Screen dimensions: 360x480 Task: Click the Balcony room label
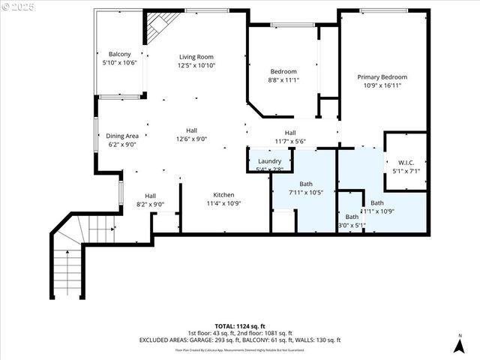click(120, 54)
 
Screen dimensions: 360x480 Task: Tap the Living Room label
click(196, 57)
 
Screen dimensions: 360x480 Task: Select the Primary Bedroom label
click(382, 76)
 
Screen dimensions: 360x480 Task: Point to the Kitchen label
click(223, 194)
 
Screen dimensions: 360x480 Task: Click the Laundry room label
click(269, 161)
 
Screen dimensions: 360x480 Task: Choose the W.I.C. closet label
click(406, 162)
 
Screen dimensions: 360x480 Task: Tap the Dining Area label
click(121, 136)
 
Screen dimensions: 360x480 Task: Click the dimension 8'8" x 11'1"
click(283, 80)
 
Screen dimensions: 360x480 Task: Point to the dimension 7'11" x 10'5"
click(305, 193)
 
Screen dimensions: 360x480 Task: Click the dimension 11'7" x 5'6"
click(289, 141)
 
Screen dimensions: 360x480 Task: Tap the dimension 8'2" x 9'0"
click(150, 204)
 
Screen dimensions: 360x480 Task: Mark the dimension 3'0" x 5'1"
click(352, 226)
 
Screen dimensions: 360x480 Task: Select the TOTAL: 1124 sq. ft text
click(239, 327)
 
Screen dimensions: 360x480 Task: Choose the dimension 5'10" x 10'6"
click(120, 63)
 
